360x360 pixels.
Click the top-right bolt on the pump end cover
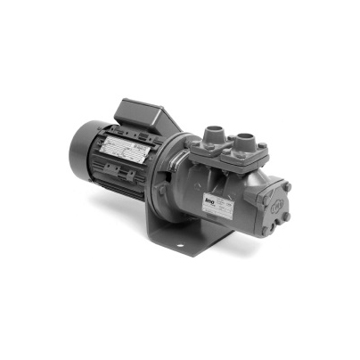point(287,187)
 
